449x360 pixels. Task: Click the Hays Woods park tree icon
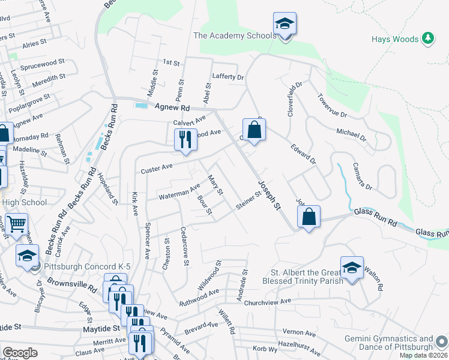pyautogui.click(x=427, y=38)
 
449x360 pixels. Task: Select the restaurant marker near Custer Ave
pyautogui.click(x=185, y=140)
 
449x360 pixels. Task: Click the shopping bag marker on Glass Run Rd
pyautogui.click(x=309, y=217)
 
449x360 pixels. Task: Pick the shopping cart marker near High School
pyautogui.click(x=17, y=224)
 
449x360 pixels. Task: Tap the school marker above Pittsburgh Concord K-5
pyautogui.click(x=27, y=256)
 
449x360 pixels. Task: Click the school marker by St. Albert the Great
pyautogui.click(x=352, y=268)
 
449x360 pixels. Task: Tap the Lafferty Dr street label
pyautogui.click(x=228, y=77)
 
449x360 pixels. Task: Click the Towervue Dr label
pyautogui.click(x=333, y=105)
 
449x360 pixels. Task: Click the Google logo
pyautogui.click(x=20, y=353)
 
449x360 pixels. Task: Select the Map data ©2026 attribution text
pyautogui.click(x=423, y=355)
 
